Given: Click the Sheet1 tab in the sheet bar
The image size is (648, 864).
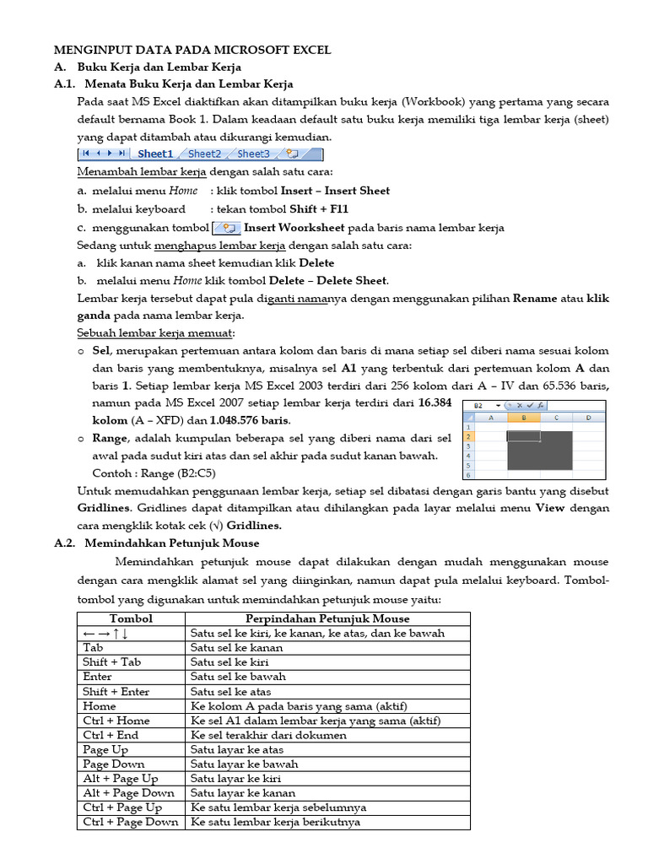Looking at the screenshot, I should click(154, 154).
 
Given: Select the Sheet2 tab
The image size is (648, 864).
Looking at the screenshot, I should click(204, 154).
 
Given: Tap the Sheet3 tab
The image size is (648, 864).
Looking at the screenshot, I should click(253, 154).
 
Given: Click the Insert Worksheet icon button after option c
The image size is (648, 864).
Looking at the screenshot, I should click(226, 228).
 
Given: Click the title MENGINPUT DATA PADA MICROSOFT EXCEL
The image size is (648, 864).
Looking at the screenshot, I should click(192, 50).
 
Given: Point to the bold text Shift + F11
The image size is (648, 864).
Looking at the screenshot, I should click(319, 209).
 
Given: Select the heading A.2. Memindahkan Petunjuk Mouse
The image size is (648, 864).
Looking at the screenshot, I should click(168, 543).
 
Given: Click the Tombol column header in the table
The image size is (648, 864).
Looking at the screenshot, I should click(131, 618).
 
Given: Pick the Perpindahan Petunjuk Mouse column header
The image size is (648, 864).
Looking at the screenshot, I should click(328, 618).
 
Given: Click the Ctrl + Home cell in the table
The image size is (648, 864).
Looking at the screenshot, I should click(116, 721).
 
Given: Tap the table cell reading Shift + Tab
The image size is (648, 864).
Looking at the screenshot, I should click(112, 662).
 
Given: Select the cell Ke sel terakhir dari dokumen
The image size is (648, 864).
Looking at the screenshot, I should click(268, 735).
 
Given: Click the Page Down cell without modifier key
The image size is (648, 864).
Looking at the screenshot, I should click(114, 764).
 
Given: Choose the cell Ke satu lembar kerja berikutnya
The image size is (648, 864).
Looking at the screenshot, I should click(275, 822).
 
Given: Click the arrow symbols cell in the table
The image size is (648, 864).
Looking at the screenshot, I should click(105, 633).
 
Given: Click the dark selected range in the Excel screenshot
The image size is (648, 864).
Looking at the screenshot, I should click(540, 451).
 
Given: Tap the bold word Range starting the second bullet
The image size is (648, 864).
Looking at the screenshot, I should click(110, 438).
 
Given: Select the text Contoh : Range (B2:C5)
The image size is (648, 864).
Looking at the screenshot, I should click(154, 472).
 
